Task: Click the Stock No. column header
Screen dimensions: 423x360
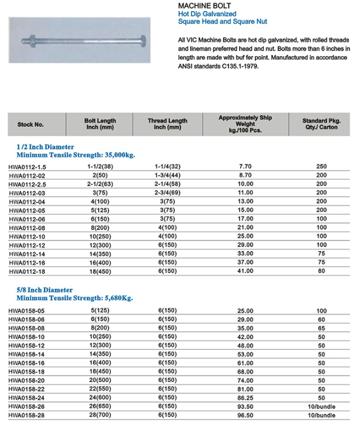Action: click(31, 125)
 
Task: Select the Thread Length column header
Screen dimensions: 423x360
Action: click(168, 124)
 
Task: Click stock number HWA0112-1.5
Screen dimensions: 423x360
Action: click(28, 167)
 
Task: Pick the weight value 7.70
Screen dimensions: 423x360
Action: click(245, 167)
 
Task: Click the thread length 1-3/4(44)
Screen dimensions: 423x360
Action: click(168, 176)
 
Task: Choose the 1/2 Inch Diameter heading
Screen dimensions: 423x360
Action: click(45, 146)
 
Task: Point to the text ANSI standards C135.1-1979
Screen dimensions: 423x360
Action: click(217, 67)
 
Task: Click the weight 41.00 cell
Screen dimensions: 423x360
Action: click(245, 272)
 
